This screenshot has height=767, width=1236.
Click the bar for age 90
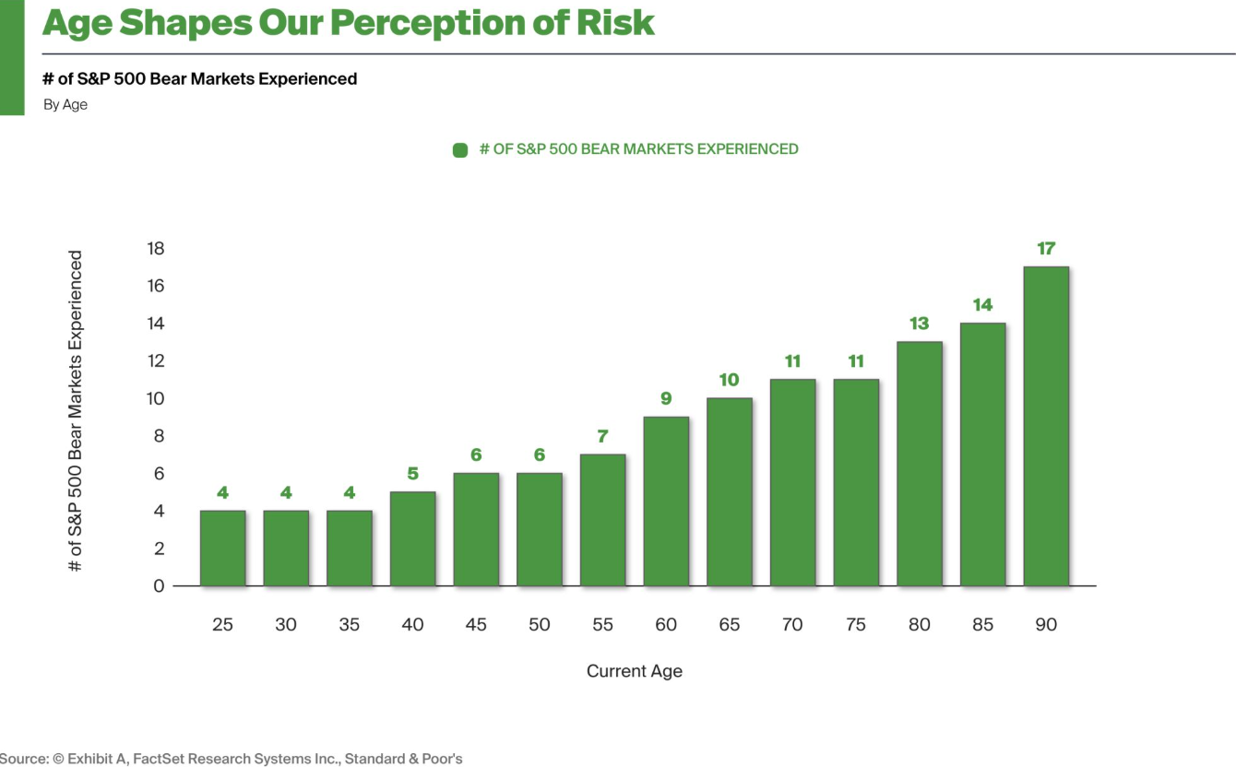(x=1046, y=426)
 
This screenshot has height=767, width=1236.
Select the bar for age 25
(x=222, y=548)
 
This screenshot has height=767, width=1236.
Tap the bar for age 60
(x=666, y=501)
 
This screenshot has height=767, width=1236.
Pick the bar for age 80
(x=920, y=464)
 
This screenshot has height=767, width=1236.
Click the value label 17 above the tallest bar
(x=1046, y=249)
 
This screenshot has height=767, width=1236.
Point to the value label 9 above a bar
(x=666, y=399)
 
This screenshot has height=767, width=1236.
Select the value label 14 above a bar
(x=982, y=305)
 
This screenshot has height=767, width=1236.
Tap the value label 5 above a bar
(x=412, y=474)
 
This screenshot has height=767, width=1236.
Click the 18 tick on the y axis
(x=155, y=249)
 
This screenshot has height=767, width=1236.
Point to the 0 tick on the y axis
(x=159, y=586)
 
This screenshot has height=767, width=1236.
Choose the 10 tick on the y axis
(x=155, y=399)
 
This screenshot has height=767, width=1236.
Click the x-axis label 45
(x=476, y=625)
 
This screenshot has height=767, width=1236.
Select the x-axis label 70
(x=792, y=625)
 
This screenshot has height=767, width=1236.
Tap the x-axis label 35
(x=349, y=625)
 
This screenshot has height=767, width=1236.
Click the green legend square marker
(x=460, y=150)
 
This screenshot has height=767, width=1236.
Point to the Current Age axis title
(x=635, y=671)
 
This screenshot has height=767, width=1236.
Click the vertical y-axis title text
(x=76, y=411)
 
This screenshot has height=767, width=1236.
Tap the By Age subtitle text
(x=65, y=105)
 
